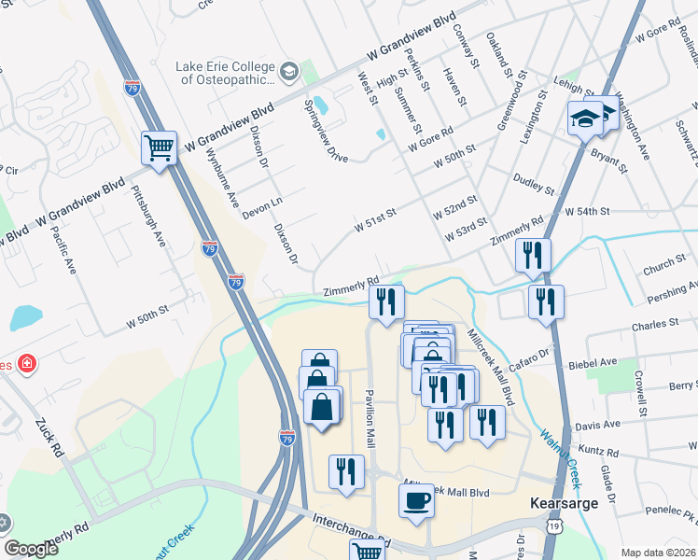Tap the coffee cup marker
tap(416, 499)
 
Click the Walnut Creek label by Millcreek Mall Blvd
tap(560, 457)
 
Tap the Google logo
tap(32, 549)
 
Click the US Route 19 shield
tap(556, 528)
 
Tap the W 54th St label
tap(587, 212)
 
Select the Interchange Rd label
tap(350, 529)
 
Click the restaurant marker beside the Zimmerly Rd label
tap(384, 302)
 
